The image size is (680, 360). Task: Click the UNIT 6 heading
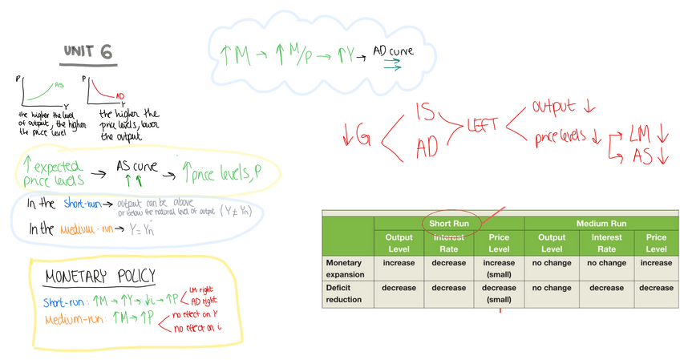click(x=87, y=53)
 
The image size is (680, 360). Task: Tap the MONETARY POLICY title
click(x=100, y=277)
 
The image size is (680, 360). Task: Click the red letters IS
click(x=426, y=111)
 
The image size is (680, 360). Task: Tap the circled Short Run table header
click(x=449, y=223)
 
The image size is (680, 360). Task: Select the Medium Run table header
click(x=602, y=223)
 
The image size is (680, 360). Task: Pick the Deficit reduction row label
click(x=345, y=293)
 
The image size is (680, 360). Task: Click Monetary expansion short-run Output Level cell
click(x=399, y=262)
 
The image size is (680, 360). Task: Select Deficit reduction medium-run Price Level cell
click(x=656, y=287)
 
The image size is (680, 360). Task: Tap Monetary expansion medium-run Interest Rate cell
click(x=606, y=262)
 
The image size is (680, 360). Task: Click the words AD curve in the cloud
click(x=394, y=52)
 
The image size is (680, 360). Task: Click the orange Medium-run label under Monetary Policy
click(x=74, y=321)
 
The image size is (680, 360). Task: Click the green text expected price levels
click(x=50, y=171)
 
